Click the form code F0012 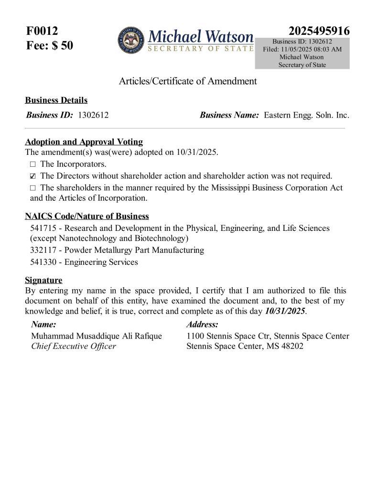42,32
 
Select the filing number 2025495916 319,31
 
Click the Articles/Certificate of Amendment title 187,81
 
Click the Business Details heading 56,100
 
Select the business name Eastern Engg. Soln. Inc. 306,115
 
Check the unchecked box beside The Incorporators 32,164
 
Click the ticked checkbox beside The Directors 32,176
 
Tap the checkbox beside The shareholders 32,188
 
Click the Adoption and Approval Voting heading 84,142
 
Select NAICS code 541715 41,228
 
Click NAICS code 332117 41,250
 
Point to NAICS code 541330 41,262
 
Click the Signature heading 43,280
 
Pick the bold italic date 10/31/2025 285,311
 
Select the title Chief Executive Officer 74,346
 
